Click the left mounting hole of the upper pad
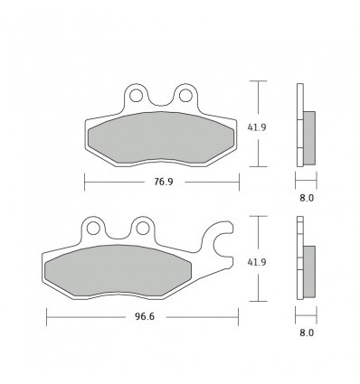(137, 93)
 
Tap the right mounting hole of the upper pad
(185, 93)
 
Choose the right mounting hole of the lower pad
(141, 227)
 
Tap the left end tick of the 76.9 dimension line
(84, 183)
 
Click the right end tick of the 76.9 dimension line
(238, 183)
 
